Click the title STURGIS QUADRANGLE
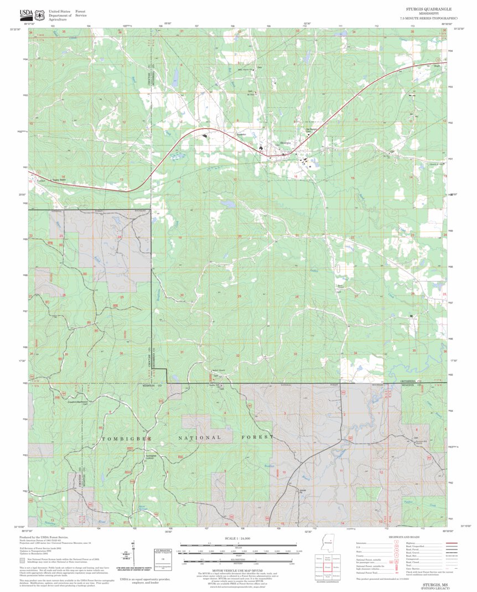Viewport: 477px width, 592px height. pos(428,9)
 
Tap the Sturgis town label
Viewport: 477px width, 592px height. pos(286,143)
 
